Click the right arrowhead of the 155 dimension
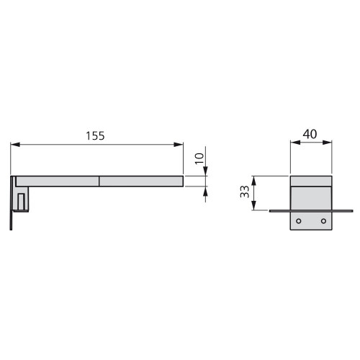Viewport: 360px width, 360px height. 180,145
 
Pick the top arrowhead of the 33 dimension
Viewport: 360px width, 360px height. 253,179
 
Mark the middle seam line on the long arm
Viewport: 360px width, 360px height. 99,181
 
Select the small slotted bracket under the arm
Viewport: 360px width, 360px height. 22,201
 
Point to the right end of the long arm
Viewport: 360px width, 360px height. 183,181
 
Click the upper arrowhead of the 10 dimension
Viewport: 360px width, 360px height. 205,171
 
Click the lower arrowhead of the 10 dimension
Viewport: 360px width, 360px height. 205,190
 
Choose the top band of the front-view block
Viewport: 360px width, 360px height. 311,180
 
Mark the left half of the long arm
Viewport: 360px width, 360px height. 58,181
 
